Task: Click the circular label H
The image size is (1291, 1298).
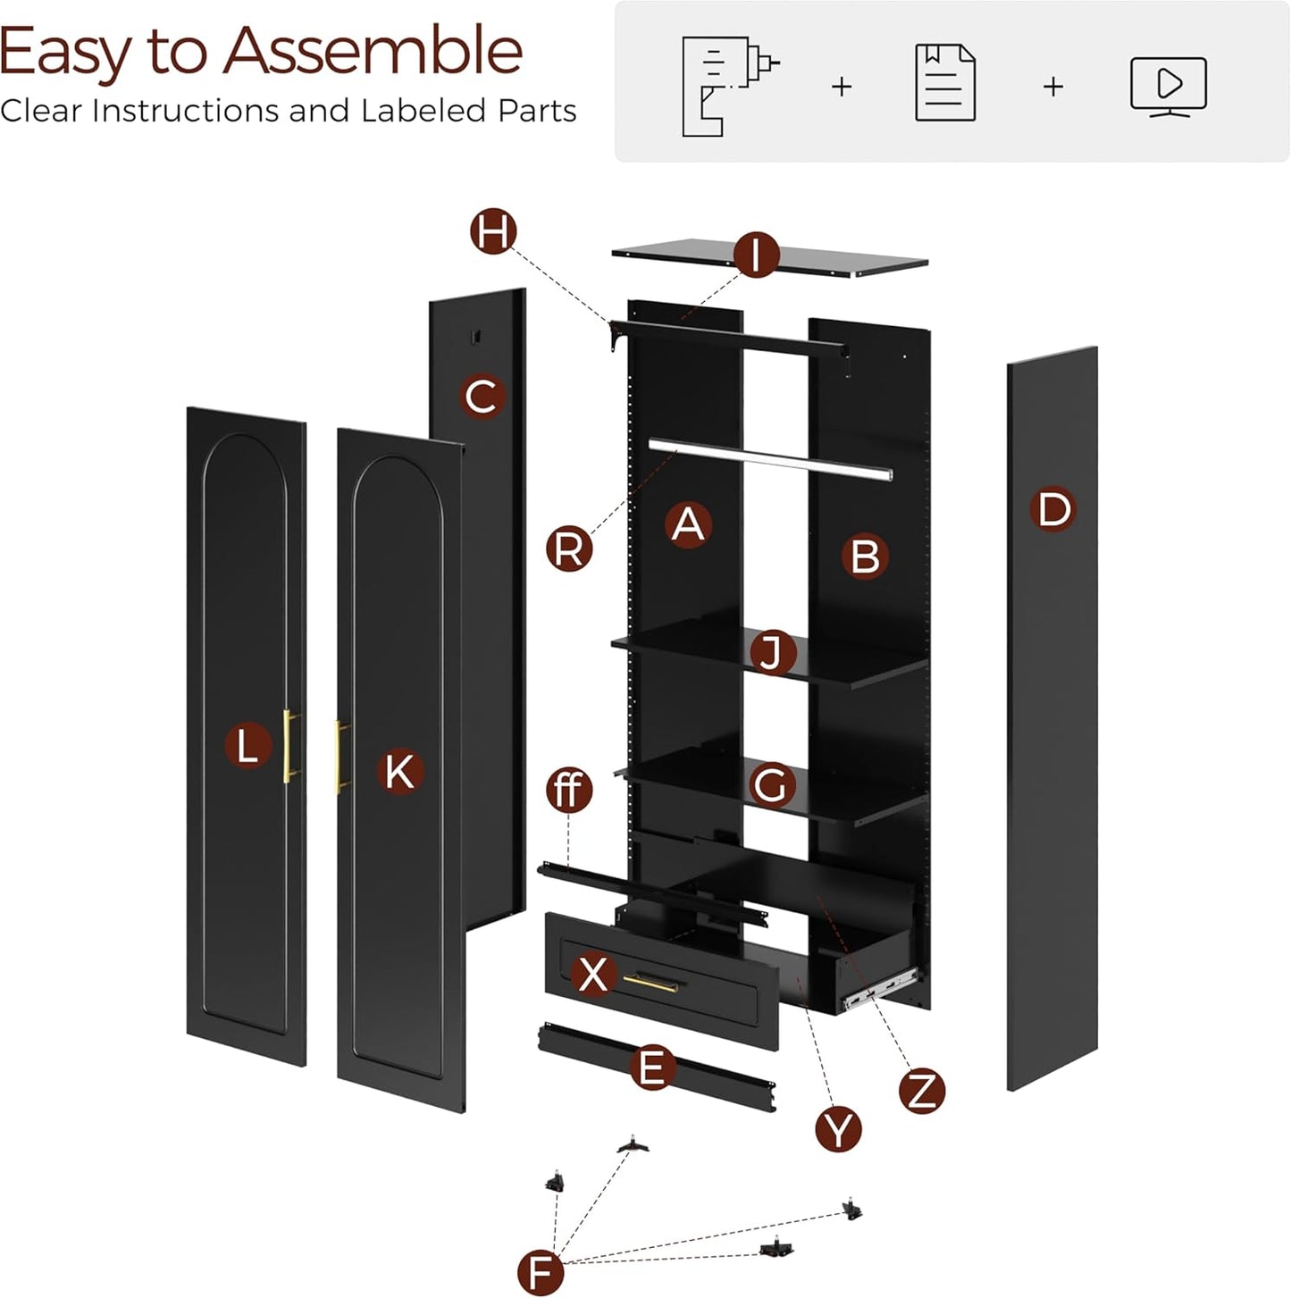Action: [x=493, y=231]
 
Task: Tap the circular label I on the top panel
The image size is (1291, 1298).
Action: [x=756, y=255]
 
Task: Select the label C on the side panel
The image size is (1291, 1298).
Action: [x=482, y=396]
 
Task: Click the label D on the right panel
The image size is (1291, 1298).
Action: [x=1052, y=510]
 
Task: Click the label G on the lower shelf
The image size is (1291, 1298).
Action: [x=771, y=785]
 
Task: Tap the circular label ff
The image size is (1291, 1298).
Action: [x=569, y=790]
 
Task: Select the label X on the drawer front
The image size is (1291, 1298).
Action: [x=593, y=973]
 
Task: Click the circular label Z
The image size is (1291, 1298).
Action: [x=921, y=1090]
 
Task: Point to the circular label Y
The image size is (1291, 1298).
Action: [x=838, y=1129]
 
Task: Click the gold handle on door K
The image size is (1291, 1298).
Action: [x=340, y=756]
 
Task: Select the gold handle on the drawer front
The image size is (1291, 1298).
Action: [x=650, y=983]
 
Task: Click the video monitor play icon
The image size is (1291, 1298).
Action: [x=1168, y=86]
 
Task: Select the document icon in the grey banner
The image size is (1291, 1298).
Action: [x=945, y=83]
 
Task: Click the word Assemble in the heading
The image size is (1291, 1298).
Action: [x=373, y=51]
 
